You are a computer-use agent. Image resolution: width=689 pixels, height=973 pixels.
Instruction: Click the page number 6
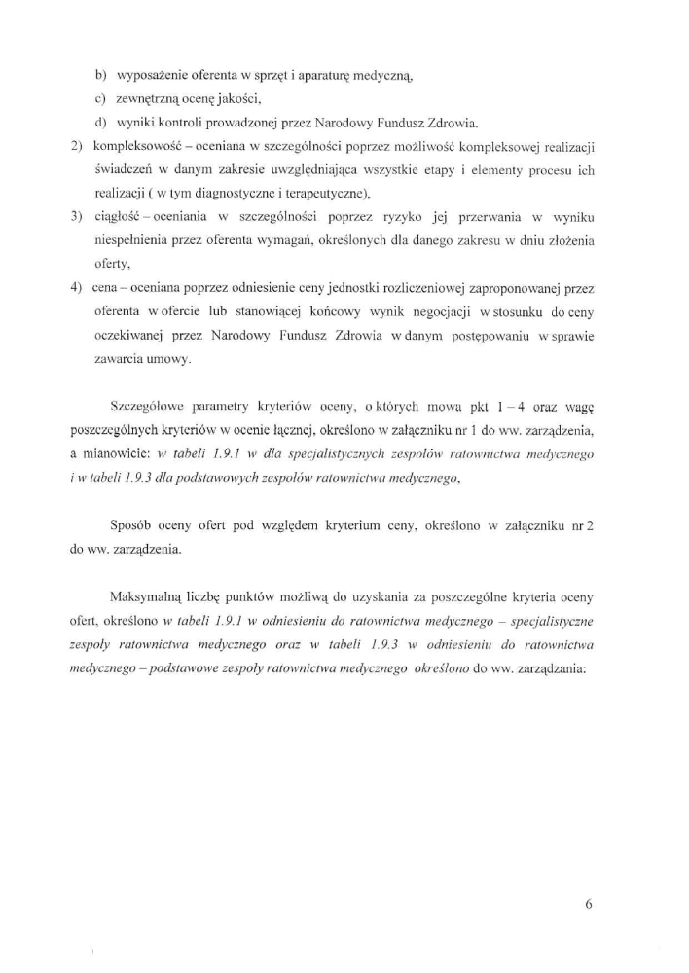[589, 903]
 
